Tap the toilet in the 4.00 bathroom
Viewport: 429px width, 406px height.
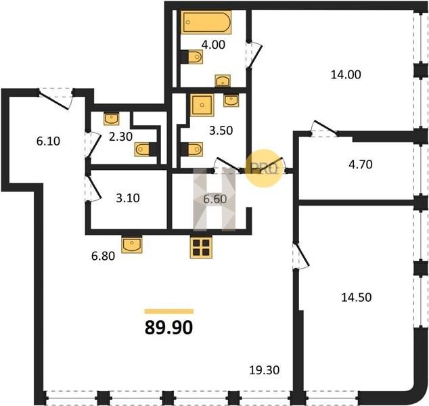click(x=192, y=57)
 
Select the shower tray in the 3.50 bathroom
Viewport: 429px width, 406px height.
click(x=202, y=105)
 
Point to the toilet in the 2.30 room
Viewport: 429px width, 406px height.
click(x=145, y=150)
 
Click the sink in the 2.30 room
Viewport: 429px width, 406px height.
click(x=112, y=118)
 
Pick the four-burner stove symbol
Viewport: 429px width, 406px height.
click(x=201, y=247)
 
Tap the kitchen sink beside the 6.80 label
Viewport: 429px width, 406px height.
click(x=132, y=244)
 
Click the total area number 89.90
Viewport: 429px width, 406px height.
click(x=168, y=328)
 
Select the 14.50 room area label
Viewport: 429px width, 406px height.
click(x=356, y=297)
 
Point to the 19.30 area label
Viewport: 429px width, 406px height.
click(x=265, y=370)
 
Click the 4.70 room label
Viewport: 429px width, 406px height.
click(x=361, y=164)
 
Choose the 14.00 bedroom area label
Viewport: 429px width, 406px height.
click(x=346, y=74)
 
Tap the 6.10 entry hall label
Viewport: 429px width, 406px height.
click(x=48, y=141)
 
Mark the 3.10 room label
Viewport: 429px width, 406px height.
click(x=128, y=198)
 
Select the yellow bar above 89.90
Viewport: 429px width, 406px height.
click(x=169, y=311)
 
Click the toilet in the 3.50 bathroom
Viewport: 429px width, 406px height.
click(x=192, y=150)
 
